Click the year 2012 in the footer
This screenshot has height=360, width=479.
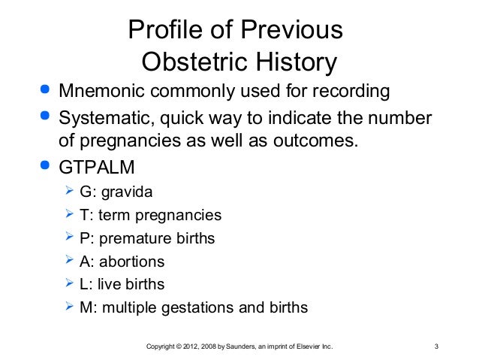point(188,347)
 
